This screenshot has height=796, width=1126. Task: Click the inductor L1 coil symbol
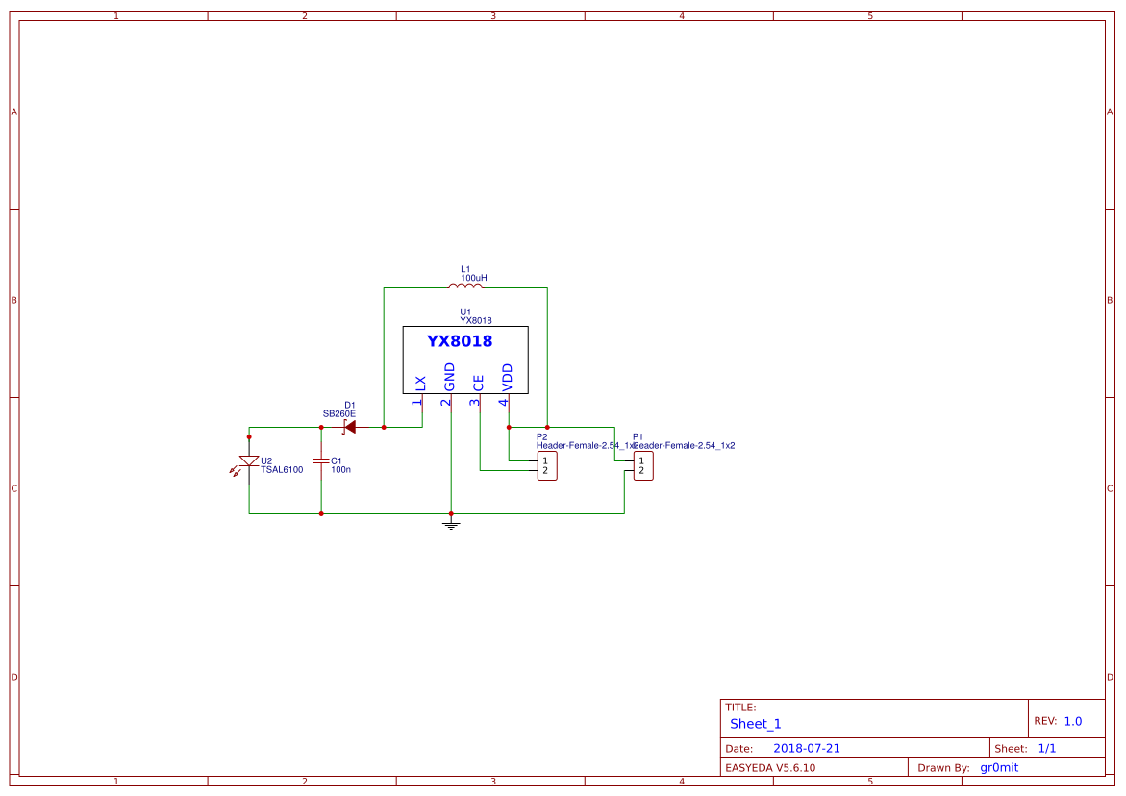(x=465, y=286)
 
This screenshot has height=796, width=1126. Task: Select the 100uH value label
(x=473, y=278)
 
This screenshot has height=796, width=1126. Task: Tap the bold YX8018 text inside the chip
(x=460, y=341)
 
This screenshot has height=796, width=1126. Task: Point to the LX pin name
(x=420, y=382)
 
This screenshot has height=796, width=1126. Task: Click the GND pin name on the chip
(x=449, y=377)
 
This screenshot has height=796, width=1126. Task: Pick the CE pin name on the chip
(x=478, y=382)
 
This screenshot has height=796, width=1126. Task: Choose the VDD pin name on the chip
(x=507, y=377)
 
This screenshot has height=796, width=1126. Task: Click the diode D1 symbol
(x=349, y=427)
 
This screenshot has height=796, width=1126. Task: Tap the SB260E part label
(x=338, y=414)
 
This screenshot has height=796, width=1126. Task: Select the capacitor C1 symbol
(x=321, y=462)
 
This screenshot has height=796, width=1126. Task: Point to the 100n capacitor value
(x=340, y=470)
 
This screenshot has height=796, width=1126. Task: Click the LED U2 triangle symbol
(x=249, y=462)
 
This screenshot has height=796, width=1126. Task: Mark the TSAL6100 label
(x=282, y=470)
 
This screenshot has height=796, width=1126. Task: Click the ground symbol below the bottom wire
(x=451, y=524)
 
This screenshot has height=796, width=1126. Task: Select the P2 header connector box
(x=546, y=466)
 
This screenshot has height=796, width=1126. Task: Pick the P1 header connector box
(x=642, y=466)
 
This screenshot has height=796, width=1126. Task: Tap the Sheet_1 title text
(x=756, y=724)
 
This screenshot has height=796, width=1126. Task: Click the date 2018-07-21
(x=807, y=748)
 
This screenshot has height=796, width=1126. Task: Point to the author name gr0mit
(x=999, y=767)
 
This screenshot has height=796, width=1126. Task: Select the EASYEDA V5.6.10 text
(x=770, y=767)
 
